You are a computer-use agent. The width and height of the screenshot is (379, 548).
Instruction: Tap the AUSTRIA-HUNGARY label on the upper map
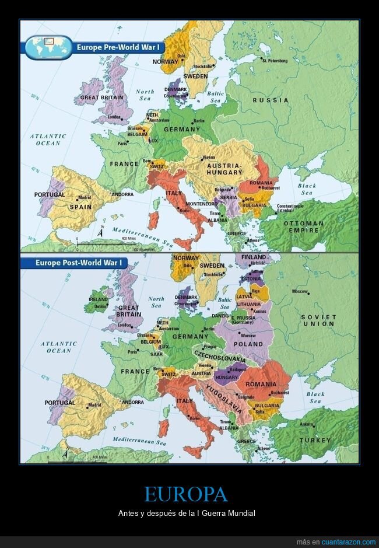224,169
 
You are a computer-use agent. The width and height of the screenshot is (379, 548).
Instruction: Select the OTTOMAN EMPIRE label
303,226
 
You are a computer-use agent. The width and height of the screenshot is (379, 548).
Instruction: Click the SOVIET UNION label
318,320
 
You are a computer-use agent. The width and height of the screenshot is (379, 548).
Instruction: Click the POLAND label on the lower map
248,344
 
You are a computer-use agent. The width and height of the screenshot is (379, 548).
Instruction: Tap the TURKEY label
315,440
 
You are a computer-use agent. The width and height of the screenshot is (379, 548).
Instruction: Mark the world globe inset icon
48,48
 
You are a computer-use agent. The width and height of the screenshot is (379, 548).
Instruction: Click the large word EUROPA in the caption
185,495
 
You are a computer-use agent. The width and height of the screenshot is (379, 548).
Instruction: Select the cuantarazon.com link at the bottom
348,542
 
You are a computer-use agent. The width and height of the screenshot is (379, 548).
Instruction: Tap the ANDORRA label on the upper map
122,194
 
